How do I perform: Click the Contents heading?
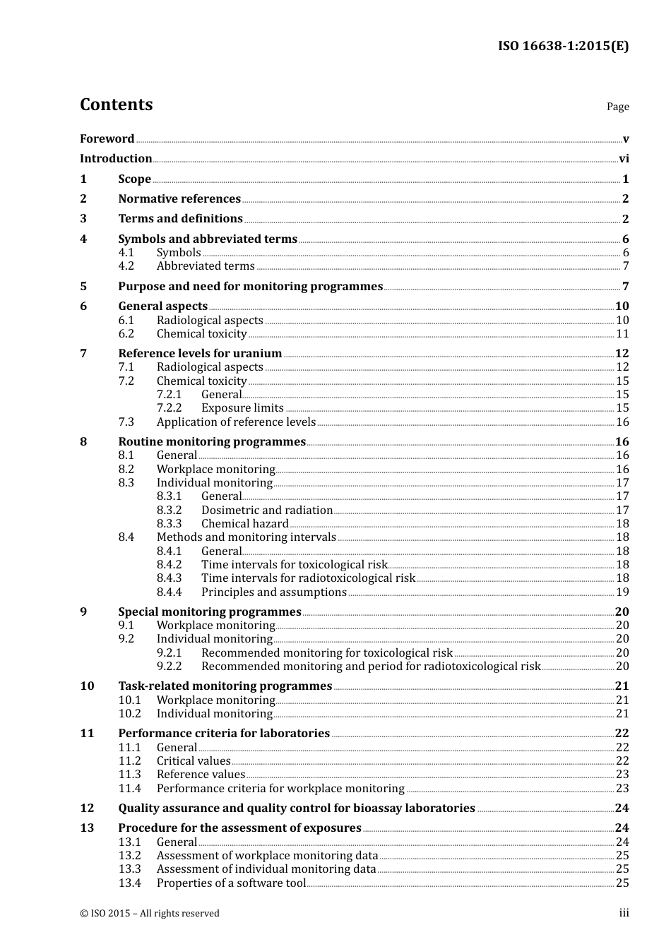116,105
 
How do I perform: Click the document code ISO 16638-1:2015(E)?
563,46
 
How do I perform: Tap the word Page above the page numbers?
617,107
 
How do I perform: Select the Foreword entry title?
107,138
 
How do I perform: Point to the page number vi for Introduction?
624,159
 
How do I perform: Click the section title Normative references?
179,199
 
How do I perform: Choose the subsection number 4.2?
126,266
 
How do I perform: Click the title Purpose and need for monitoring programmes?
250,287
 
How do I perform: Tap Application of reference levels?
236,422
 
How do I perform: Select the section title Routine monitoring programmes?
212,442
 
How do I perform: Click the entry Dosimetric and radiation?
267,511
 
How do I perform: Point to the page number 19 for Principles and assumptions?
622,592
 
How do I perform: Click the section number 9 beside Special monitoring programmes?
83,612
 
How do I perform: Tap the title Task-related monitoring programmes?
225,686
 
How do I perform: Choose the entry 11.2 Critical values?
194,761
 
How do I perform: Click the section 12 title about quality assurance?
297,808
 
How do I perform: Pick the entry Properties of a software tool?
231,883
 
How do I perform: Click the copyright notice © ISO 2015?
150,914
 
